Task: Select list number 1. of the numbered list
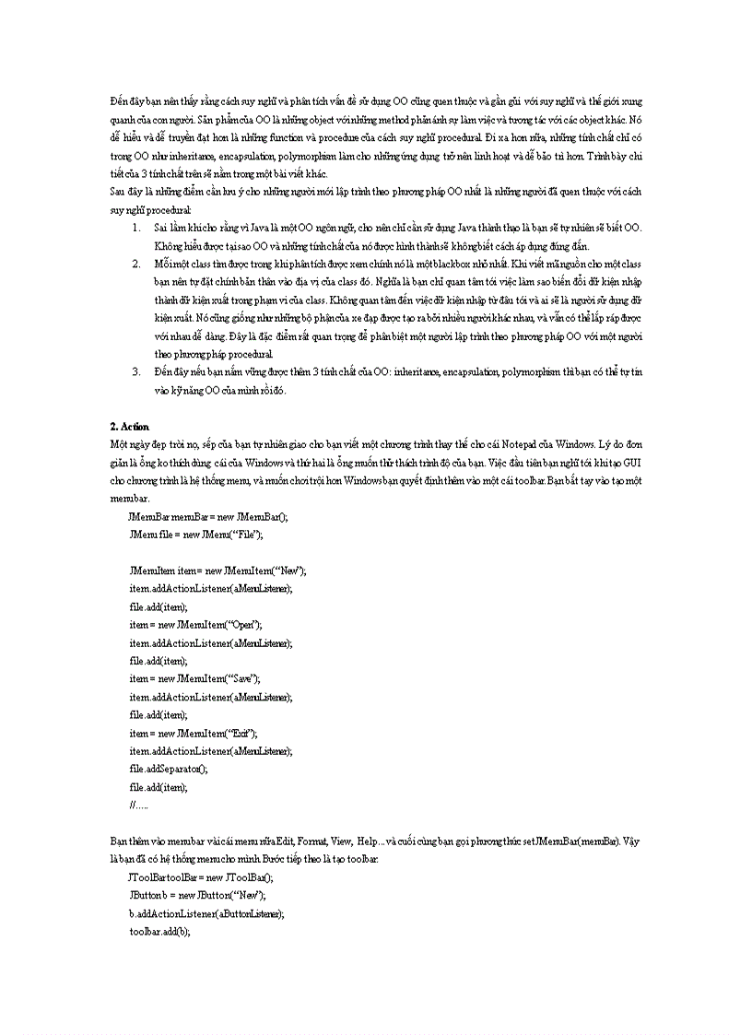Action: pos(135,227)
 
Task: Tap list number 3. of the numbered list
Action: pos(135,371)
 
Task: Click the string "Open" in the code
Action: pos(242,625)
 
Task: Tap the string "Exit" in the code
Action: pos(242,733)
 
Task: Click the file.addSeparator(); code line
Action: pos(169,769)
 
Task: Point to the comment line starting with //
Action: pos(139,805)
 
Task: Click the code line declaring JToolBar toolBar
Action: pos(202,877)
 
